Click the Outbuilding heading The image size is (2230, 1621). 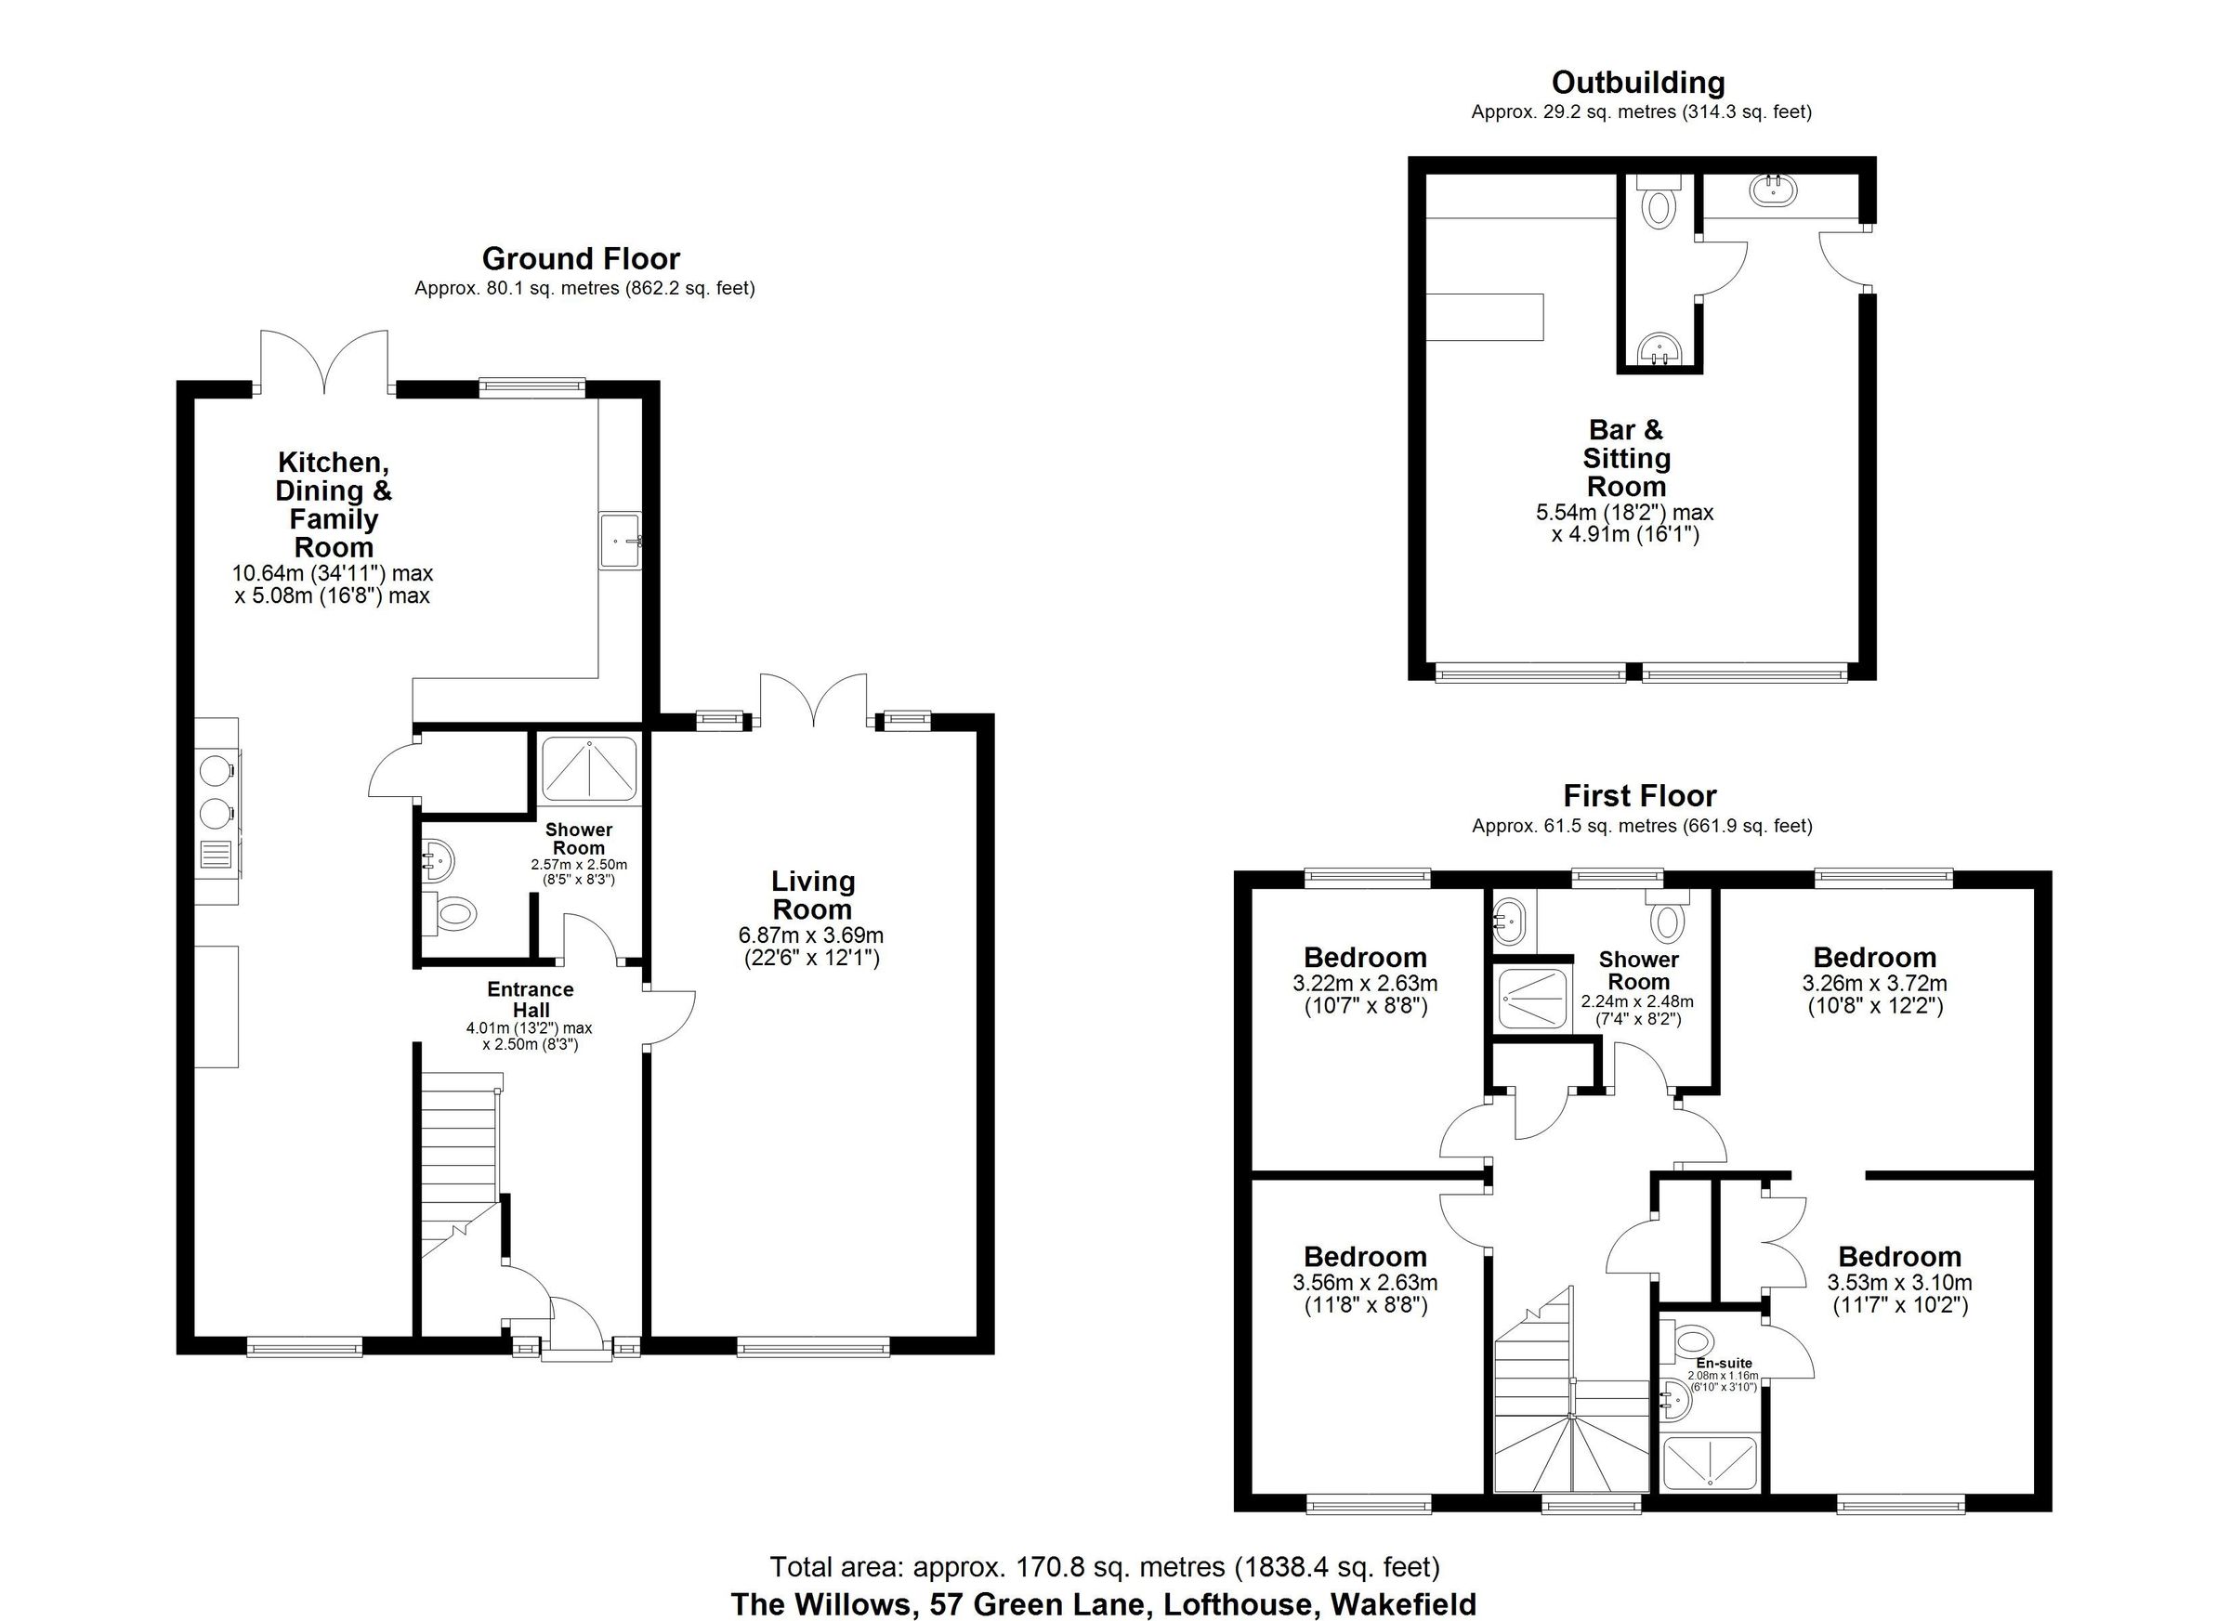pos(1638,83)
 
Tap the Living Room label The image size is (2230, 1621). pos(812,895)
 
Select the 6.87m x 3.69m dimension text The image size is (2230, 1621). pos(811,935)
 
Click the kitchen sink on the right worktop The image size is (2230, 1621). pos(620,541)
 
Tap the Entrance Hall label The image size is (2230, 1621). pos(530,999)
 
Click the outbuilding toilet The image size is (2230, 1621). pos(1659,206)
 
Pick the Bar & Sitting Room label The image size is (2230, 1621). pos(1626,458)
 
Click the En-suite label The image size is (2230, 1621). pos(1724,1364)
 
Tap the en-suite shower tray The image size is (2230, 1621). pos(1709,1463)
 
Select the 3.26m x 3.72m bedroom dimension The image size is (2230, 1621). pos(1874,983)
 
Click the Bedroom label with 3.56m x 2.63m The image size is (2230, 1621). pos(1365,1256)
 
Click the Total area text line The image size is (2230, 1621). pos(1104,1566)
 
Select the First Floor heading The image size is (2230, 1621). pos(1640,795)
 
